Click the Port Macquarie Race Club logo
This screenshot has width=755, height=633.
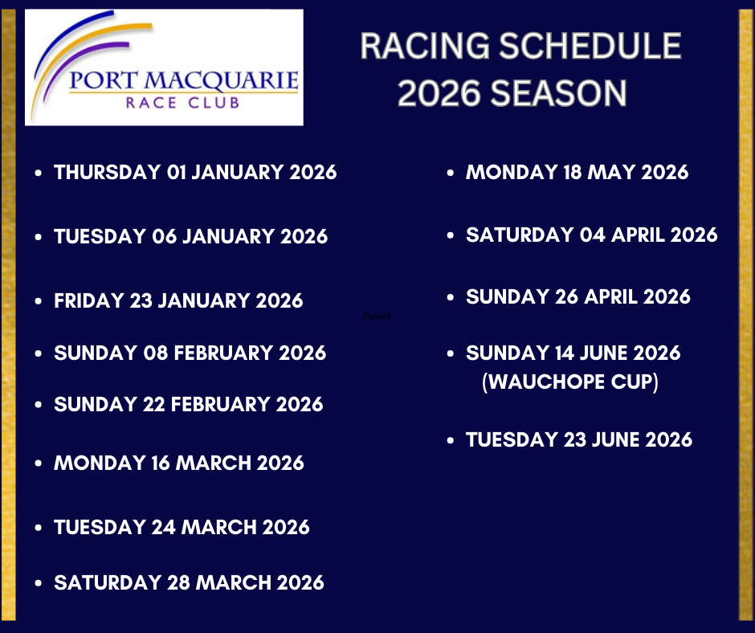click(x=164, y=67)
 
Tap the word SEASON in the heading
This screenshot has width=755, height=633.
click(x=558, y=93)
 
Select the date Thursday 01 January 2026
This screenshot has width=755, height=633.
click(x=195, y=173)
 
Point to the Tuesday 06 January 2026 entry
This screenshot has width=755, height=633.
click(x=190, y=236)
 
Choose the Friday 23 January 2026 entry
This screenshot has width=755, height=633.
click(x=178, y=300)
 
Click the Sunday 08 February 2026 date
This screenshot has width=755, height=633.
click(x=190, y=353)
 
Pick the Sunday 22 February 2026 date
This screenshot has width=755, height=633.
click(x=188, y=404)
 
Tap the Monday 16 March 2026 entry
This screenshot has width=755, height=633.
click(x=179, y=463)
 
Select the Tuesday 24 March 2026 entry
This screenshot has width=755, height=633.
click(x=182, y=527)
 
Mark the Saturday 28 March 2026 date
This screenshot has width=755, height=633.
click(x=190, y=582)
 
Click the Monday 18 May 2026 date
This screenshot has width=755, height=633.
click(x=577, y=173)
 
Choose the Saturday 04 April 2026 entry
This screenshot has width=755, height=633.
click(x=592, y=235)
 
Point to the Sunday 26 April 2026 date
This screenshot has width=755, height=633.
click(x=578, y=296)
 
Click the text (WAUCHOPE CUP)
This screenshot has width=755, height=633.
click(x=570, y=382)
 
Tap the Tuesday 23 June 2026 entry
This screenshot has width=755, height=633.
click(x=579, y=440)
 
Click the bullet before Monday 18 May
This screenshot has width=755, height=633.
click(x=451, y=173)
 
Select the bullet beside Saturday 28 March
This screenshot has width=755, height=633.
click(x=39, y=583)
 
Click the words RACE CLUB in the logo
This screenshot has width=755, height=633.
click(x=182, y=103)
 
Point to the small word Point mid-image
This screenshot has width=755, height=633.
click(x=377, y=316)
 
